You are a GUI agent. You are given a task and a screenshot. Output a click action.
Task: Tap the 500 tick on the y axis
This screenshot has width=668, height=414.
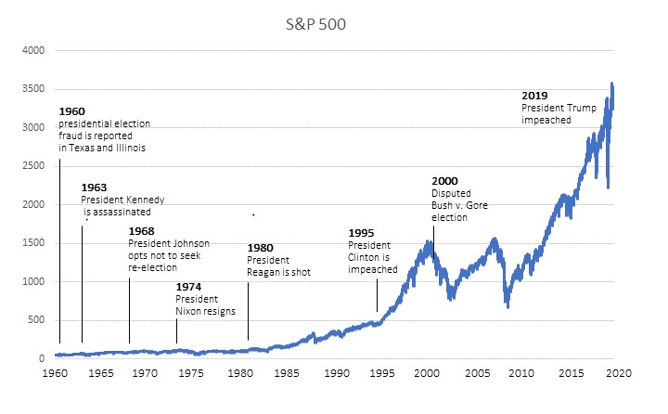pos(36,320)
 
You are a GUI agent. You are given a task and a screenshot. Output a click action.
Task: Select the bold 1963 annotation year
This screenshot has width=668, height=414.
pos(93,188)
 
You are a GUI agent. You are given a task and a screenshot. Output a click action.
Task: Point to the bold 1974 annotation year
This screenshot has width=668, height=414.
pos(188,287)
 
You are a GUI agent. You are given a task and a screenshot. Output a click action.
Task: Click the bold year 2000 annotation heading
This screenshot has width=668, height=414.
pos(444,180)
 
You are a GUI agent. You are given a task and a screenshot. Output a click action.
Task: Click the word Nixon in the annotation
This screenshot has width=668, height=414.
pos(189,311)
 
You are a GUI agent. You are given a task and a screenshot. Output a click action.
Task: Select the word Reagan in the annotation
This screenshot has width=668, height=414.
pos(265,272)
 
